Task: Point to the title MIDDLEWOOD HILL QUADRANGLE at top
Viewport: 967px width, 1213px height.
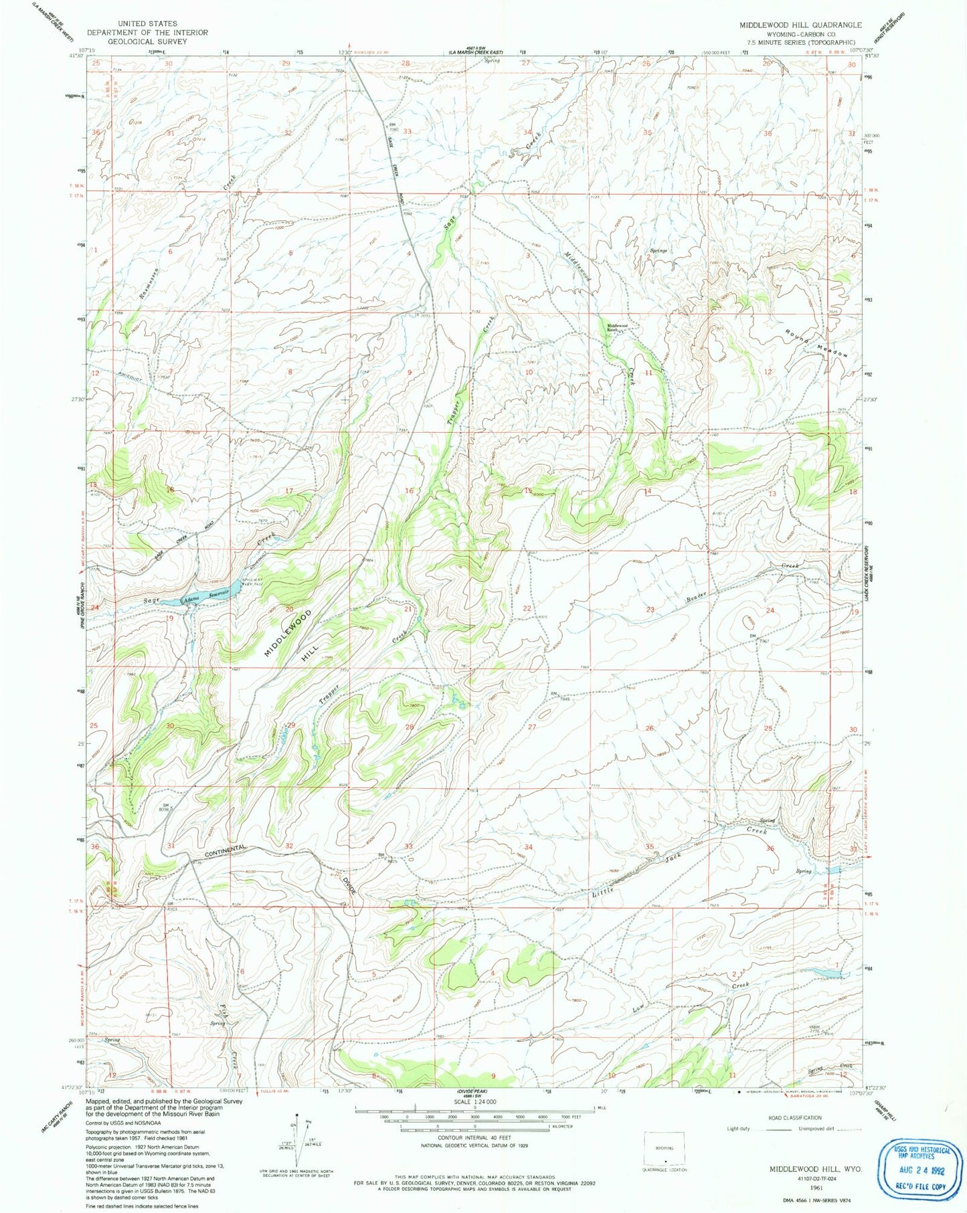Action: [x=800, y=25]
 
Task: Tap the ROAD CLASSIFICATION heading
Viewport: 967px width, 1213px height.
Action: [x=795, y=1118]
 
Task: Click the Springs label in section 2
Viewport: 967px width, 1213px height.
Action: [x=658, y=251]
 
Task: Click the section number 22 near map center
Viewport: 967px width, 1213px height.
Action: [x=527, y=608]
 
